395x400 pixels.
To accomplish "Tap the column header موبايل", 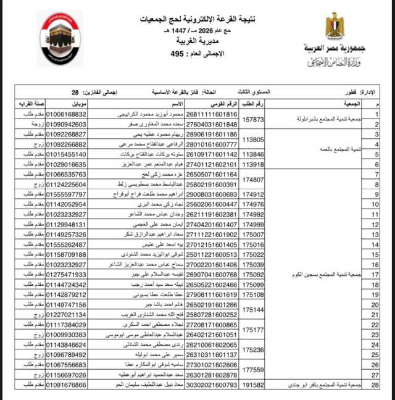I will coord(68,103).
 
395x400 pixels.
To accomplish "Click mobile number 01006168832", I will coord(67,114).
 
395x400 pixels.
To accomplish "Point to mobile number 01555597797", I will coord(67,194).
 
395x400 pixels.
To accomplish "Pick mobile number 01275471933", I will coord(67,274).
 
